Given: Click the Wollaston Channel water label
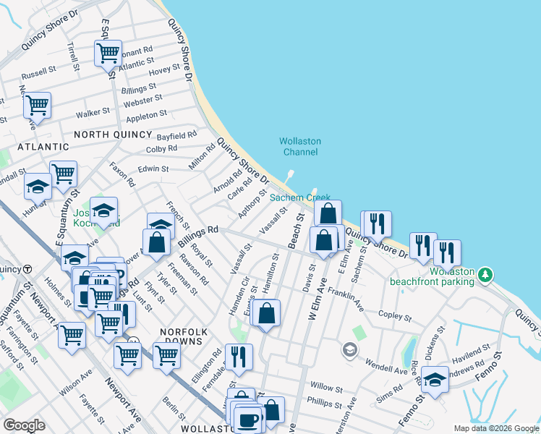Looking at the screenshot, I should [x=300, y=147].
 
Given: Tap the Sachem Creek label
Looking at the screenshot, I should [x=299, y=197].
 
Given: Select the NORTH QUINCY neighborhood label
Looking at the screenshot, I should [x=112, y=135].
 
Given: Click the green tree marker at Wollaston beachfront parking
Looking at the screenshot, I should [x=487, y=275].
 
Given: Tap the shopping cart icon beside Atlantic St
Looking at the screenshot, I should [x=107, y=52].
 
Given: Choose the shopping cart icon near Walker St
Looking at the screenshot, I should [x=36, y=105].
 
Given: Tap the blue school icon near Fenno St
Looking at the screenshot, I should [x=435, y=378].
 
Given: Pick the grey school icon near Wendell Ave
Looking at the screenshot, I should [x=350, y=351].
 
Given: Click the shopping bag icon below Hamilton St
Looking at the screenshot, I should [x=267, y=313].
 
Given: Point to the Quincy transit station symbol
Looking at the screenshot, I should [x=27, y=269].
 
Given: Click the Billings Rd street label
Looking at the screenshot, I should [x=197, y=237].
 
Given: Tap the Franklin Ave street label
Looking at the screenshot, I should [x=345, y=297].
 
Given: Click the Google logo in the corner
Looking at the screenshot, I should [x=24, y=425].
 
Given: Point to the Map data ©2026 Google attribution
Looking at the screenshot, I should [x=496, y=428].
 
